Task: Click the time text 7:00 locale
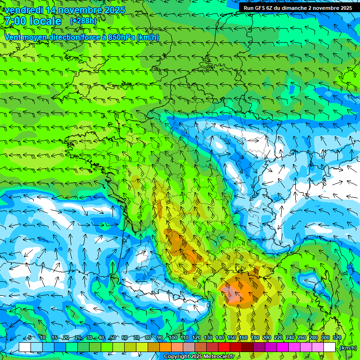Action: [x=33, y=21]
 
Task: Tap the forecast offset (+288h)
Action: [x=83, y=21]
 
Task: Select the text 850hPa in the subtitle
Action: [x=121, y=37]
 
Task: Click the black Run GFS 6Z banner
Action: [x=298, y=8]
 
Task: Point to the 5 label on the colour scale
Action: [x=29, y=337]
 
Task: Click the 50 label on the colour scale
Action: [x=112, y=337]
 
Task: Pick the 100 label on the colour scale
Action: [x=172, y=337]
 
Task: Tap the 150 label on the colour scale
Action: [x=232, y=337]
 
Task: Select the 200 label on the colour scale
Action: [x=267, y=337]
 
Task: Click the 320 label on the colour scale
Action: [x=337, y=337]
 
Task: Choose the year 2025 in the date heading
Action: [x=114, y=10]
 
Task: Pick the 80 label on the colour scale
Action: [x=148, y=337]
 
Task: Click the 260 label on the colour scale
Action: [x=302, y=337]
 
